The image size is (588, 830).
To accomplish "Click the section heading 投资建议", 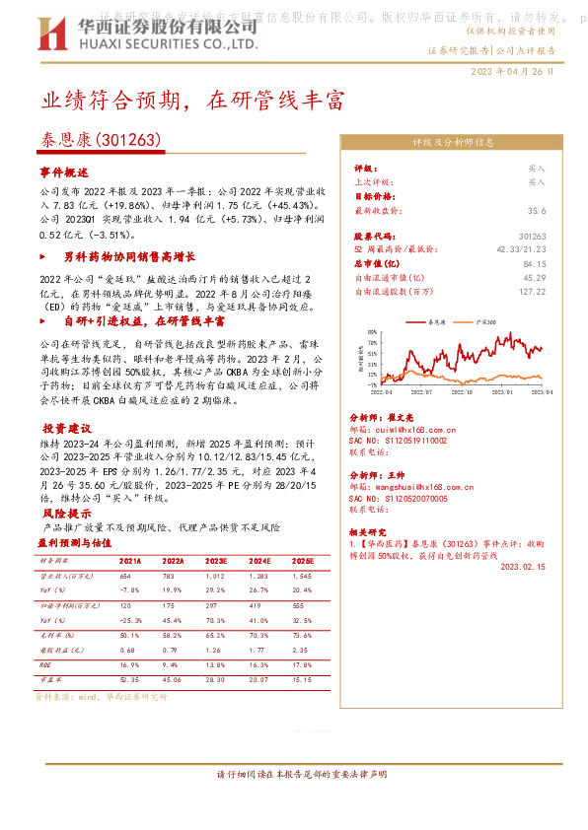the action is [67, 429].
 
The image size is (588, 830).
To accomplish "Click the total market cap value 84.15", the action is [535, 264].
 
